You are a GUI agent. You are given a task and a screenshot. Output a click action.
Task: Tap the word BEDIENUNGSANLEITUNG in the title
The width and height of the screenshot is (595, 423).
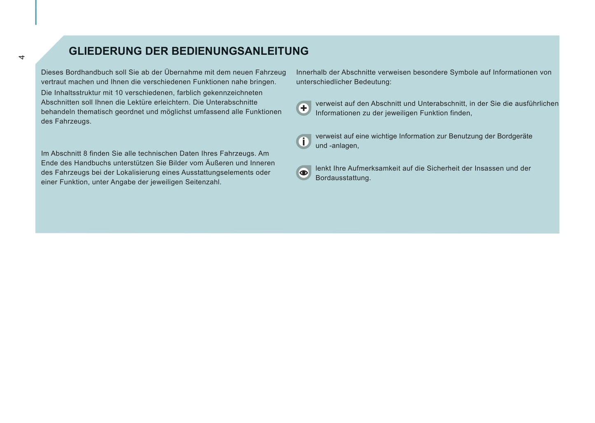(x=240, y=51)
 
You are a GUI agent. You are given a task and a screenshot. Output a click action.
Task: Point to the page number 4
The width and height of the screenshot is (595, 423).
(x=22, y=57)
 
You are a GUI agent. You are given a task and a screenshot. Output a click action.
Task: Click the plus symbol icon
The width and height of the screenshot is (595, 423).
(x=303, y=108)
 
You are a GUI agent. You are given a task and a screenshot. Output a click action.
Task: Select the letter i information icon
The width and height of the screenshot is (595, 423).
(x=303, y=141)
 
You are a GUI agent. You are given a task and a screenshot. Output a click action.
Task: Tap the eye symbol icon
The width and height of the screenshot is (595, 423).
(x=303, y=173)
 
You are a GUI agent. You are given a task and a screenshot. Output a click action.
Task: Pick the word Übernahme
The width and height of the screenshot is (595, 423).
(x=183, y=73)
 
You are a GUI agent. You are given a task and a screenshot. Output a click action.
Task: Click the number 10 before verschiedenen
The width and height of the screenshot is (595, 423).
(x=119, y=93)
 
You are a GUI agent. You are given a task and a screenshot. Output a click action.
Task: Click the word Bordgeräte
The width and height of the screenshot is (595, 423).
(x=514, y=136)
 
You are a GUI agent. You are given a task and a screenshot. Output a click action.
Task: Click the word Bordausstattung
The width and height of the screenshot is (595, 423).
(x=343, y=178)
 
